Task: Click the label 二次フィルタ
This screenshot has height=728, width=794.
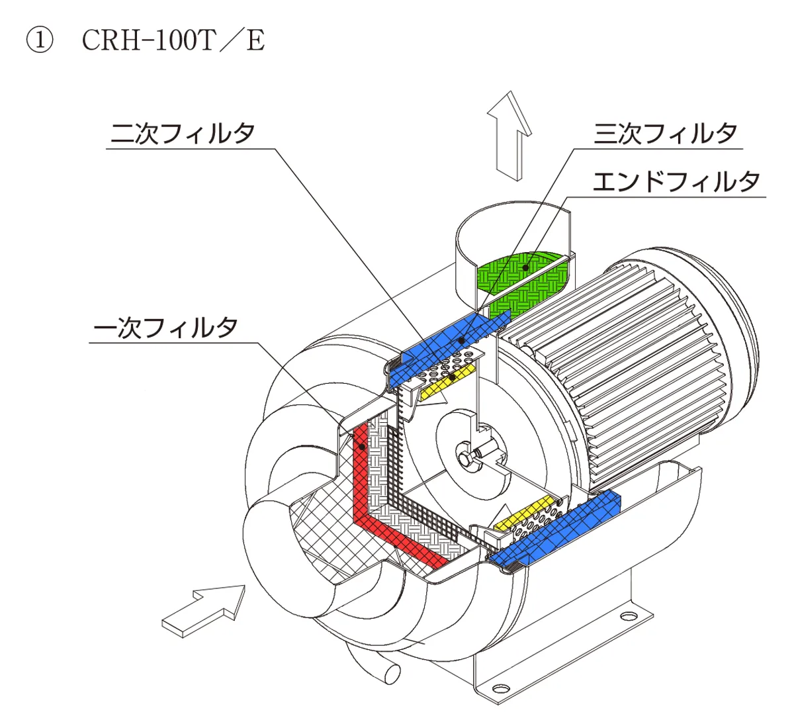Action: [183, 133]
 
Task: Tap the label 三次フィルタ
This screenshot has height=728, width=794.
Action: [666, 133]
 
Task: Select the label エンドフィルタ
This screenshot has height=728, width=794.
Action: [676, 182]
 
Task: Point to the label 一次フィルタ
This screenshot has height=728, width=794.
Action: [165, 328]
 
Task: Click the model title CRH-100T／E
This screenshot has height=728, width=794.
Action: [173, 40]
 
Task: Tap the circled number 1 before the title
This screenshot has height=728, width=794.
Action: [40, 40]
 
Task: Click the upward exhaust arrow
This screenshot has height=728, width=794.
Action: [510, 136]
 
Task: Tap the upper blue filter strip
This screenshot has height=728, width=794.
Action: [449, 349]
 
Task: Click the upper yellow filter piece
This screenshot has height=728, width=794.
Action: [448, 382]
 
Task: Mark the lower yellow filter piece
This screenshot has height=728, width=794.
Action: [523, 514]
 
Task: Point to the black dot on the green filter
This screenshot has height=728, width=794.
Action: [525, 267]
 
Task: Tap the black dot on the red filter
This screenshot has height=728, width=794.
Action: [362, 447]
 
